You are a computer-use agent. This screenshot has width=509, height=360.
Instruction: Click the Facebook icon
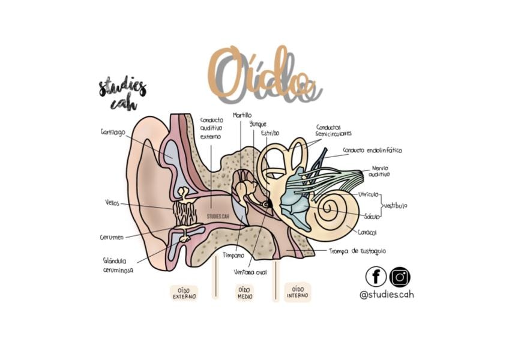(376, 277)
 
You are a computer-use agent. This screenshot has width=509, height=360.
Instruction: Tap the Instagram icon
(400, 277)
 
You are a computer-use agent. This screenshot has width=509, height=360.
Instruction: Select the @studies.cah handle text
(387, 295)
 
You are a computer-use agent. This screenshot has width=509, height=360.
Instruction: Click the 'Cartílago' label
(113, 133)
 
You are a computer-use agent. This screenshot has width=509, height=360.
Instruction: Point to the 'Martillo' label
(242, 115)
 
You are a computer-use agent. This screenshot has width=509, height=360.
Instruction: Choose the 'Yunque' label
(258, 124)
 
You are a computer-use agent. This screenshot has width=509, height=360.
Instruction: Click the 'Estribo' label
(270, 133)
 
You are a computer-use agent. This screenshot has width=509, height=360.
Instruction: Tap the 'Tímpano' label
(233, 256)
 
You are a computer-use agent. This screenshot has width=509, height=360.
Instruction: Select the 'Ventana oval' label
(250, 272)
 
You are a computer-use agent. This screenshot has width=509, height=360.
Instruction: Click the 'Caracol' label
(367, 232)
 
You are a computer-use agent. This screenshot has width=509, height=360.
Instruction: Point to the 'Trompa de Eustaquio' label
(357, 251)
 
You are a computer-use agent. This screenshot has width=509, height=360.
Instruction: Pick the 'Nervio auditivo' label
(379, 172)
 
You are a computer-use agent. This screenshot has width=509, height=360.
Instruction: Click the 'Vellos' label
(112, 203)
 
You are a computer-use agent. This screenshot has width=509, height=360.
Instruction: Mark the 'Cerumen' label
(112, 237)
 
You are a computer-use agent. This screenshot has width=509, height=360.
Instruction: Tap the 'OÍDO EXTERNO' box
(184, 293)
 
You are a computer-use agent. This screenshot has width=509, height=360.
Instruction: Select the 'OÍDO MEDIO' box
(245, 293)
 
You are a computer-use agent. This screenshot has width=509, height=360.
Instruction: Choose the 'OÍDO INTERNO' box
(297, 292)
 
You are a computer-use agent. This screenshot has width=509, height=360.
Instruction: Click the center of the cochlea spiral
(328, 206)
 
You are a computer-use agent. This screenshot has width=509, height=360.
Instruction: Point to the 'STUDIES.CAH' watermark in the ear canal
(218, 216)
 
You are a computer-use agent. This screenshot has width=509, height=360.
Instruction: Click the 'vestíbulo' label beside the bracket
(396, 206)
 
